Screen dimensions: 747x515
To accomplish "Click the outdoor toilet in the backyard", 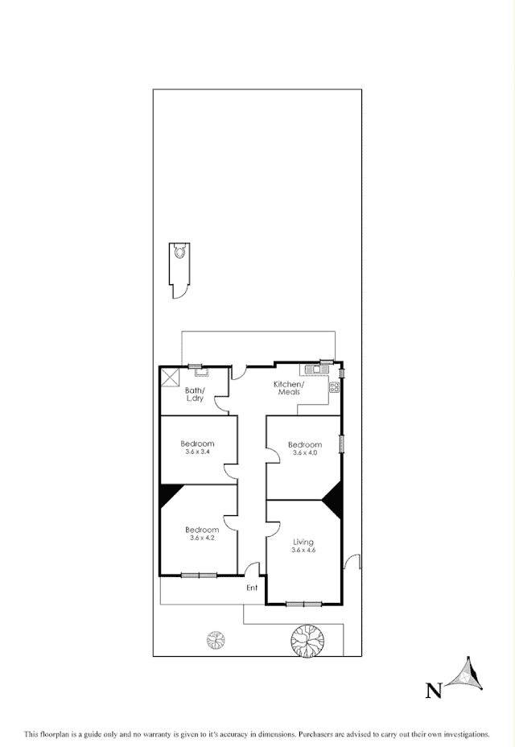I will point(179,252).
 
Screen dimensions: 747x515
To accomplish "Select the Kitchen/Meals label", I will point(288,388).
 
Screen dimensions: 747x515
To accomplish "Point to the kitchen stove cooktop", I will point(334,388).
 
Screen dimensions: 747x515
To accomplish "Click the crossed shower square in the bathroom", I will point(170,378).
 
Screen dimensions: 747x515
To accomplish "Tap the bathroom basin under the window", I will point(200,373).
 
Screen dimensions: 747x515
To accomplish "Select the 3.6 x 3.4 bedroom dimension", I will point(197,453).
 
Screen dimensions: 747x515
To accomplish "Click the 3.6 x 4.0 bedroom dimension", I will point(305,454).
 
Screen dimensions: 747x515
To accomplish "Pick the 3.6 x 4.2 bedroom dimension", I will point(202,538).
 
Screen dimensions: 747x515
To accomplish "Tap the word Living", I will point(303,542).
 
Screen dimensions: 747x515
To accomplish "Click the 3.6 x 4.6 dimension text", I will point(303,551).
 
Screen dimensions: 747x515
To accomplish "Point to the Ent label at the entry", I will point(252,588).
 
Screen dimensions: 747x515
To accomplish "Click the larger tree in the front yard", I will point(307,641).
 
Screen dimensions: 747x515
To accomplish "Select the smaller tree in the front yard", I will point(216,640).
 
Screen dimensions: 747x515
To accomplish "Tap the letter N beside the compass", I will point(434,689).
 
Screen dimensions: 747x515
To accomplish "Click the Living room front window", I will point(304,603).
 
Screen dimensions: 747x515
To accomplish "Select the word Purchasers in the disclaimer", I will point(319,734).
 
